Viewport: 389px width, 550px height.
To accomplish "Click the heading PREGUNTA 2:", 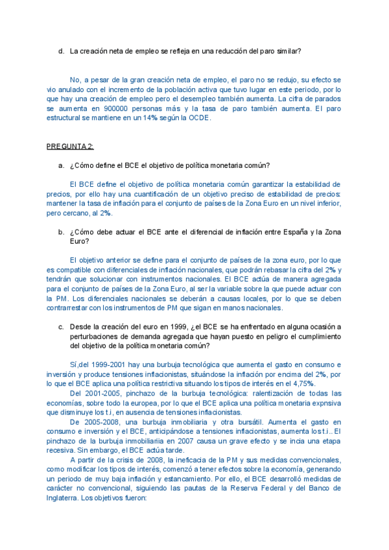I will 70,147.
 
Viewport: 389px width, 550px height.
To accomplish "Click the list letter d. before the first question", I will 61,51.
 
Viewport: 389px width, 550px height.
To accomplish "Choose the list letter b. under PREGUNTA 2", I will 61,232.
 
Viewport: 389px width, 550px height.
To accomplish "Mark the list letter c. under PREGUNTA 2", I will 61,327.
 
